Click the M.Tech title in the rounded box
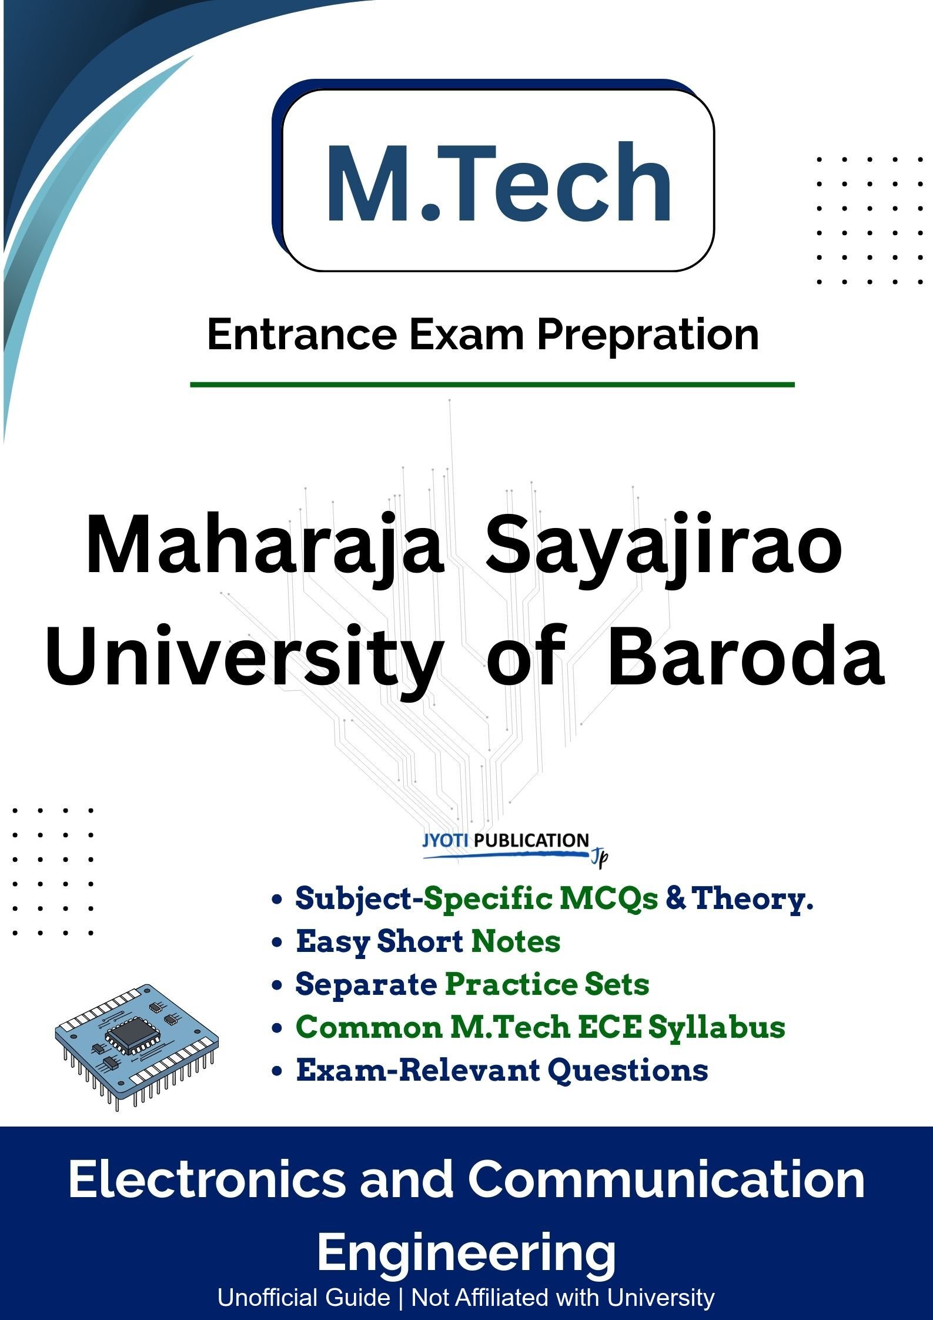click(x=499, y=182)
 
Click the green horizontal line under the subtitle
click(x=492, y=385)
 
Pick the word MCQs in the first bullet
click(x=608, y=898)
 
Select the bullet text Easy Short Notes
click(x=428, y=941)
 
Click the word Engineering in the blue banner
click(x=467, y=1254)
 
